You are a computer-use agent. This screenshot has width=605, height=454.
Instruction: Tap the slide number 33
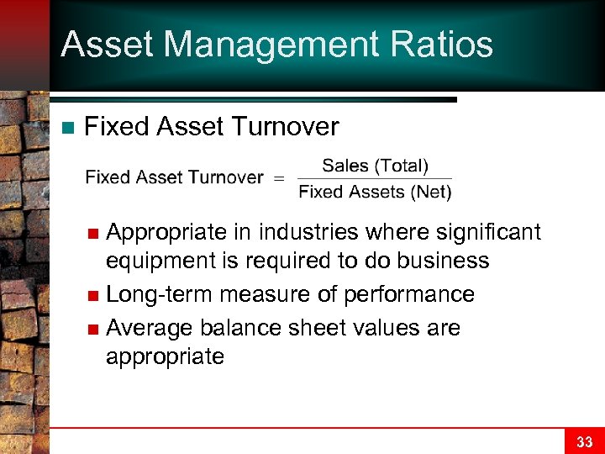(584, 441)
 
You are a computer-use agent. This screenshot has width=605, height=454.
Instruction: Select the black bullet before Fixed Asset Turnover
(68, 128)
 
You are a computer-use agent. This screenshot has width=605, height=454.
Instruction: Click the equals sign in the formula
(280, 177)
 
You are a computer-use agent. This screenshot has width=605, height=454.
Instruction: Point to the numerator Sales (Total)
(375, 165)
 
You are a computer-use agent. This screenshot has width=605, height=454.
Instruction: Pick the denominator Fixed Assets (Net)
(375, 192)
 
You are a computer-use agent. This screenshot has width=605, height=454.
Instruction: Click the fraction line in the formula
(375, 178)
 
